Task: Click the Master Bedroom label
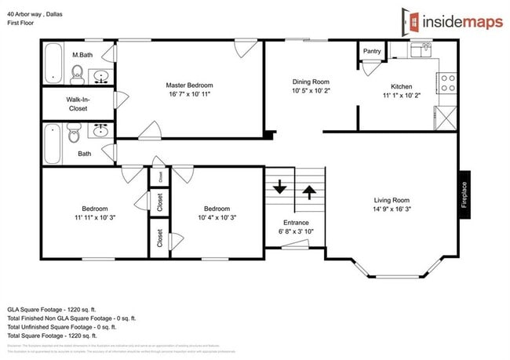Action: (188, 85)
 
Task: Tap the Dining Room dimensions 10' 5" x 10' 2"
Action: (311, 91)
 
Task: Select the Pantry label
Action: (372, 52)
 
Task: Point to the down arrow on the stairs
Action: (280, 189)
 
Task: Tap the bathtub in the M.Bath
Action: (53, 64)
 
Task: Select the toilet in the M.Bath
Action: (77, 75)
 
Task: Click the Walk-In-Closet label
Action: (77, 104)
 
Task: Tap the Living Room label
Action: (391, 200)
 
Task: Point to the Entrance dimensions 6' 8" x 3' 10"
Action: (296, 232)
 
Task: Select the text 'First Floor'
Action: (23, 24)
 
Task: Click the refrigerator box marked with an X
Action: (446, 119)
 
